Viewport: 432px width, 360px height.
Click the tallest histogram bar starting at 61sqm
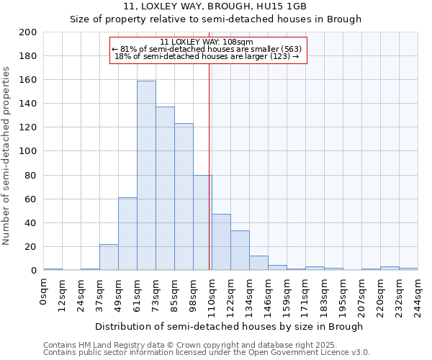tap(146, 176)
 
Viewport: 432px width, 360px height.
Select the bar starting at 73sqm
tap(165, 189)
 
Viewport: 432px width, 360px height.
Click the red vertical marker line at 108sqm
tap(209, 166)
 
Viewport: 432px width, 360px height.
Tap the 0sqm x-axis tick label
tap(43, 289)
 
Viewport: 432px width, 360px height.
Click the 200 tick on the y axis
tap(29, 32)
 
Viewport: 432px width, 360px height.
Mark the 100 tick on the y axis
tap(29, 151)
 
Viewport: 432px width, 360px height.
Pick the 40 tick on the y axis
tap(32, 222)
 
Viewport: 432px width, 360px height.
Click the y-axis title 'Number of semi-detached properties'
tap(7, 156)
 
